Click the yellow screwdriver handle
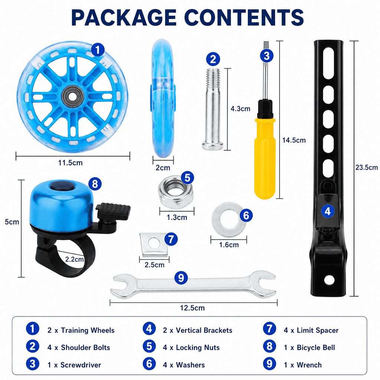pyautogui.click(x=265, y=157)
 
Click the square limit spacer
pyautogui.click(x=154, y=245)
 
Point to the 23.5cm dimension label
pyautogui.click(x=366, y=167)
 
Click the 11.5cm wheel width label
pyautogui.click(x=70, y=163)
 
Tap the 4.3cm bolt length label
pyautogui.click(x=240, y=109)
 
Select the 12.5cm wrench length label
pyautogui.click(x=192, y=308)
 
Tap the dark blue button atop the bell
pyautogui.click(x=62, y=186)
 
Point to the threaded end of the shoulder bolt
pyautogui.click(x=213, y=76)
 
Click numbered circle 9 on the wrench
pyautogui.click(x=181, y=278)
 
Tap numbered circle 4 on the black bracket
pyautogui.click(x=328, y=211)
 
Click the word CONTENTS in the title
pyautogui.click(x=244, y=17)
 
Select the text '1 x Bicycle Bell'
pyautogui.click(x=309, y=347)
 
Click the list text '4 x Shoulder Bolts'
pyautogui.click(x=79, y=347)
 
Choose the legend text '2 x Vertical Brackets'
pyautogui.click(x=197, y=330)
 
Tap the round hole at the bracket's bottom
pyautogui.click(x=329, y=280)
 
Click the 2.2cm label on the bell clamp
pyautogui.click(x=74, y=259)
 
